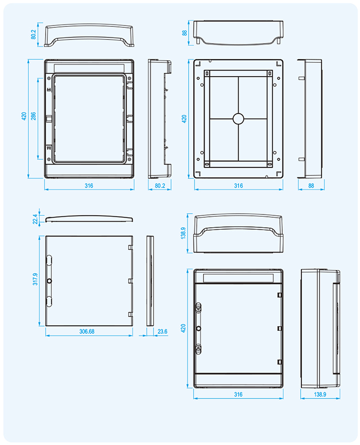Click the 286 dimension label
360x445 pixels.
(x=33, y=116)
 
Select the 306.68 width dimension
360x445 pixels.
(x=87, y=331)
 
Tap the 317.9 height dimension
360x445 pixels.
(x=35, y=279)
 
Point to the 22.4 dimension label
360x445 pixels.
(x=35, y=219)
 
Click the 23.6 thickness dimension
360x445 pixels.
(x=162, y=331)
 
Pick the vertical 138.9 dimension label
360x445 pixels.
(x=183, y=233)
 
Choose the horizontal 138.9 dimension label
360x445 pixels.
(x=320, y=395)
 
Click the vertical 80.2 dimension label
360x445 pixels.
(x=34, y=35)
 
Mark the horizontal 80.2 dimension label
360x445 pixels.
(x=160, y=186)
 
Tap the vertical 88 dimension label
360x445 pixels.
(x=184, y=33)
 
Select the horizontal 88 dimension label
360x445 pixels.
(x=311, y=186)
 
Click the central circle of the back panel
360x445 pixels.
(x=238, y=119)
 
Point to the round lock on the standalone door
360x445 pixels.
(x=49, y=281)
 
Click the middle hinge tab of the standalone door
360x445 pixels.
(x=131, y=281)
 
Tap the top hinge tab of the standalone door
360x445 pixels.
(x=131, y=247)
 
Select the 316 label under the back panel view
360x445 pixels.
(x=239, y=186)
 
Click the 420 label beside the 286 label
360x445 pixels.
(x=24, y=116)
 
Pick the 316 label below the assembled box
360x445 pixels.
(x=238, y=395)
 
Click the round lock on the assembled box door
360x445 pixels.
(x=199, y=328)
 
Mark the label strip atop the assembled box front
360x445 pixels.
(x=238, y=278)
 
